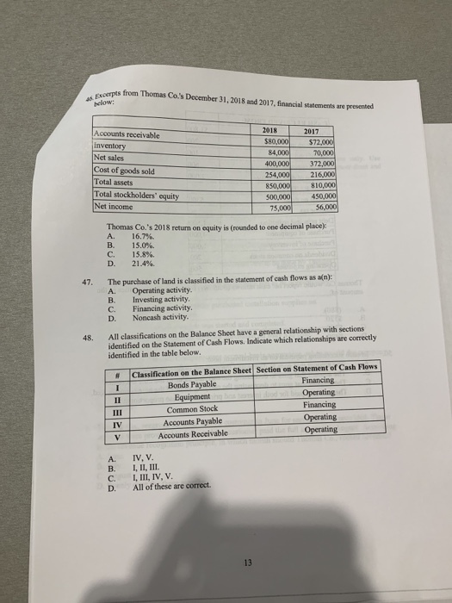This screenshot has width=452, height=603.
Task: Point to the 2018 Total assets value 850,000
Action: [276, 184]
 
